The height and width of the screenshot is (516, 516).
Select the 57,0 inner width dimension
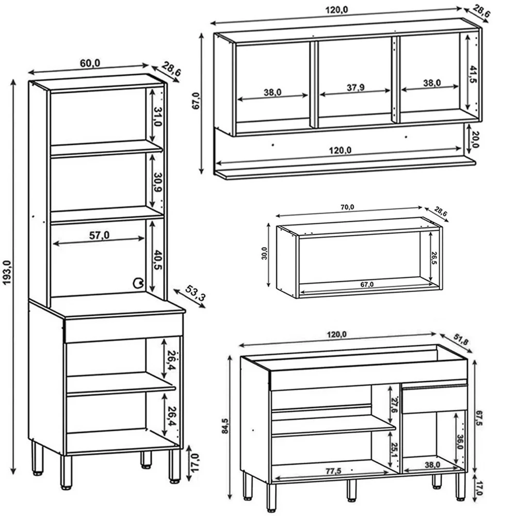(99, 235)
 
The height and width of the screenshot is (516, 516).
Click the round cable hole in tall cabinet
(138, 282)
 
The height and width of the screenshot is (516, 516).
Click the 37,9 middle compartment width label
(355, 88)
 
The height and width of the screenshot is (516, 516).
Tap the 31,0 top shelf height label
(158, 117)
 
